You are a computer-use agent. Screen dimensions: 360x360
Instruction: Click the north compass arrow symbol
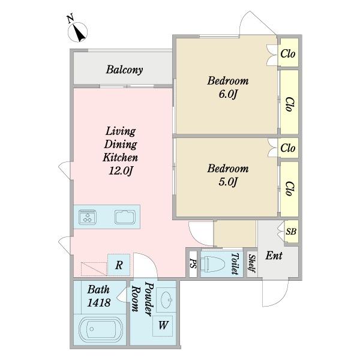77,32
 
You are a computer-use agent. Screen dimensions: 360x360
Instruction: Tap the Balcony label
124,70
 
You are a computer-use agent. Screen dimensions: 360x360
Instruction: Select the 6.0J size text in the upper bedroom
228,94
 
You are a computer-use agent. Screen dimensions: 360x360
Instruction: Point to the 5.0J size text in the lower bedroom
228,182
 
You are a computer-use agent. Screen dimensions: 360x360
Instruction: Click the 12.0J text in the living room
121,170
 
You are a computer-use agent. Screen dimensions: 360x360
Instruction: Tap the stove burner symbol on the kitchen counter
88,217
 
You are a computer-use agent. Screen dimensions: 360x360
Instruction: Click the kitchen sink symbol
125,217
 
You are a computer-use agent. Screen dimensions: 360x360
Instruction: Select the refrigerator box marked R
119,265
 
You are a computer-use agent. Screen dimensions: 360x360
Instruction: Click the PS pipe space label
193,263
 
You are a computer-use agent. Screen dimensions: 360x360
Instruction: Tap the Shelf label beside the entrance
252,263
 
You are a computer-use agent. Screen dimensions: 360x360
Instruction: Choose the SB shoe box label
291,231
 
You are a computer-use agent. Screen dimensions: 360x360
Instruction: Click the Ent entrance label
274,256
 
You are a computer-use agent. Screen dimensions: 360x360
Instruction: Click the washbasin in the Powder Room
166,300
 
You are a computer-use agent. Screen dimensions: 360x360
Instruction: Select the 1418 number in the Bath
99,303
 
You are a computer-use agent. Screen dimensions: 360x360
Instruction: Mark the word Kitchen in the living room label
121,157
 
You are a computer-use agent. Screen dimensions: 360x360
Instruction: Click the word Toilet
235,263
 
